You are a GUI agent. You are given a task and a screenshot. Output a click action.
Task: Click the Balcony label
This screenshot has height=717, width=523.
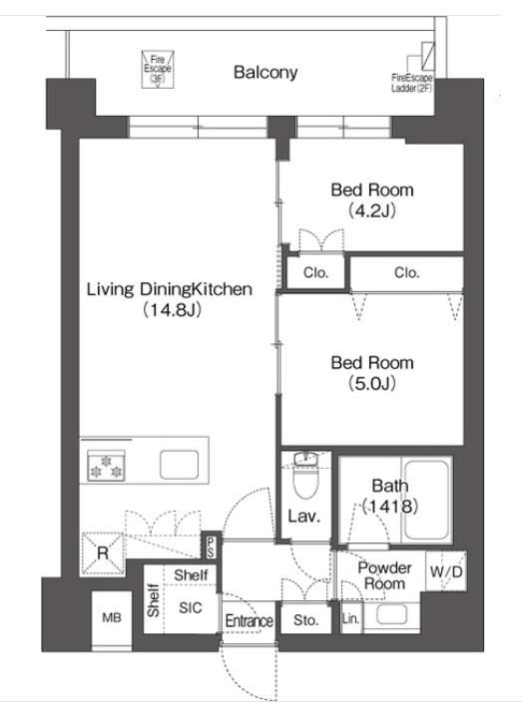265,72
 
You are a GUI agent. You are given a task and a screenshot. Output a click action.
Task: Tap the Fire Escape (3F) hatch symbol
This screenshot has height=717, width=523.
158,69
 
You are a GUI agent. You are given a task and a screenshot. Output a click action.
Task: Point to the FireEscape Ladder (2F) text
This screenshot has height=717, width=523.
411,83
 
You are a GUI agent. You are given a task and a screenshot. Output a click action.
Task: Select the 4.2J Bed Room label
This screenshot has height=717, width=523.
372,199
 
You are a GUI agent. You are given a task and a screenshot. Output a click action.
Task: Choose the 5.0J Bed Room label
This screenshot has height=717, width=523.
372,373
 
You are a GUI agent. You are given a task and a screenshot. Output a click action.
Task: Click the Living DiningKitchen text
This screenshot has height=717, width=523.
170,289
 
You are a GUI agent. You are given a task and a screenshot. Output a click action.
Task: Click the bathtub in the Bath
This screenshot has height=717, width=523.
426,500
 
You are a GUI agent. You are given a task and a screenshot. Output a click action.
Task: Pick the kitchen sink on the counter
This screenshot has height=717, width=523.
179,465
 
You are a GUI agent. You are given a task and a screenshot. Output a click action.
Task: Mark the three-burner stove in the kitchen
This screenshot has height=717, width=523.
106,466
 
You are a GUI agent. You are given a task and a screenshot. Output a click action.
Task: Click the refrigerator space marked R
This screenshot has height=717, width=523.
103,554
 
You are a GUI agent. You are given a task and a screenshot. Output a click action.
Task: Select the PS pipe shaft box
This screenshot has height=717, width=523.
211,546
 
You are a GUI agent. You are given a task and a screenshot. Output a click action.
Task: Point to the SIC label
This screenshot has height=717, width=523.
191,607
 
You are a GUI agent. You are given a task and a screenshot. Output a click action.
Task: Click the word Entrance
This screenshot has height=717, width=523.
250,621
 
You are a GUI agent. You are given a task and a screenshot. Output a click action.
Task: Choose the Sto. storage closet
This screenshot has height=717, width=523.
305,620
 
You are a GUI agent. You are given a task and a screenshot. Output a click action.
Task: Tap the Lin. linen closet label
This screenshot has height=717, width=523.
351,619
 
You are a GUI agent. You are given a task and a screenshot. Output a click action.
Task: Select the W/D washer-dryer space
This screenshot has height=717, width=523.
446,571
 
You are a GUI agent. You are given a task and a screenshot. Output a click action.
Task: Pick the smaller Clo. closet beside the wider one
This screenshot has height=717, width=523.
315,272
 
